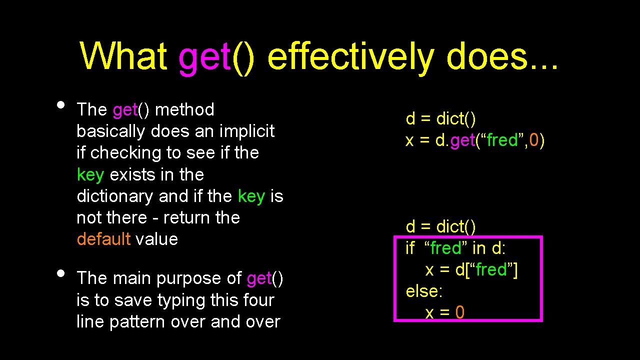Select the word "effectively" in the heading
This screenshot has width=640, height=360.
350,56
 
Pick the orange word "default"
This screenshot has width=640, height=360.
103,239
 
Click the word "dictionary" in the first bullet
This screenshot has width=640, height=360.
115,196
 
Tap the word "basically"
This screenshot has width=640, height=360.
111,131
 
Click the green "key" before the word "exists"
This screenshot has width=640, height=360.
90,174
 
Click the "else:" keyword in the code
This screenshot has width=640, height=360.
424,291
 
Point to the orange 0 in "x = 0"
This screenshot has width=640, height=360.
459,313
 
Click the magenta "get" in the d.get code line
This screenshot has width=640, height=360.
462,141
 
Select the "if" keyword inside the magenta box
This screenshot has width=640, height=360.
410,248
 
